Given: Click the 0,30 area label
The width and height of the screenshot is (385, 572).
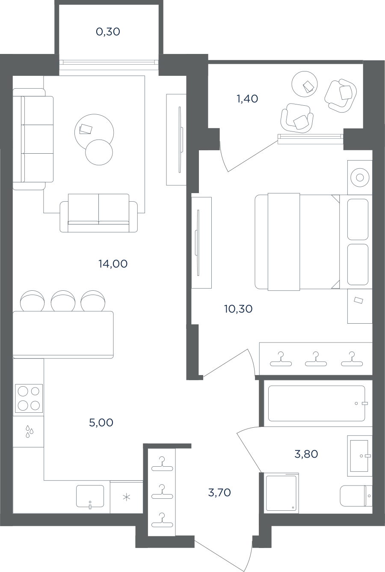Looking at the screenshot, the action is (108, 32).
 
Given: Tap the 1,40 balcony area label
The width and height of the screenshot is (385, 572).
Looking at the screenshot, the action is (248, 98).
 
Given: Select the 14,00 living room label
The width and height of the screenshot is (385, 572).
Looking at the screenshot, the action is (113, 264).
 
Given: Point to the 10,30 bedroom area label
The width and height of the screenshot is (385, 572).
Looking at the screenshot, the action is (239, 309).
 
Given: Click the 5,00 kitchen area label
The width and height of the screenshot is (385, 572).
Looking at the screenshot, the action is (101, 423).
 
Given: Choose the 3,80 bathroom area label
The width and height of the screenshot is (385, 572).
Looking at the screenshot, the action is (306, 454).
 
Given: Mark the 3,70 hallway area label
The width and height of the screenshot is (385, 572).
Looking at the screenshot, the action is (219, 493).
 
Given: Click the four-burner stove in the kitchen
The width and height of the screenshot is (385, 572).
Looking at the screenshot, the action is (29, 398).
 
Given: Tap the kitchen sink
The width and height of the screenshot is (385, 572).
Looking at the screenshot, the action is (90, 496).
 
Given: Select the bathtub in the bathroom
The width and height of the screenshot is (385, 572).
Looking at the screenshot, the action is (317, 403).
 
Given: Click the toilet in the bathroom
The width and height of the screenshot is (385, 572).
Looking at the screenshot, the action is (356, 496).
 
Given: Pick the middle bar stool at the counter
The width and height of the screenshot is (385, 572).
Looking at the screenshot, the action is (63, 301).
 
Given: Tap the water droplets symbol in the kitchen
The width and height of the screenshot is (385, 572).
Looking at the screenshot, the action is (30, 431).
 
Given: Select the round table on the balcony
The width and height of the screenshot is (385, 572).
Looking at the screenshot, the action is (305, 84).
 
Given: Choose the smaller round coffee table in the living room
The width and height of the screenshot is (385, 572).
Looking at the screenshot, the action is (99, 152).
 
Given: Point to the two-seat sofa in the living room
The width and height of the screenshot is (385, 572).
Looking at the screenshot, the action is (98, 213).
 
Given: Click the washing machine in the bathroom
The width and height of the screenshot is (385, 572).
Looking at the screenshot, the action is (281, 493).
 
